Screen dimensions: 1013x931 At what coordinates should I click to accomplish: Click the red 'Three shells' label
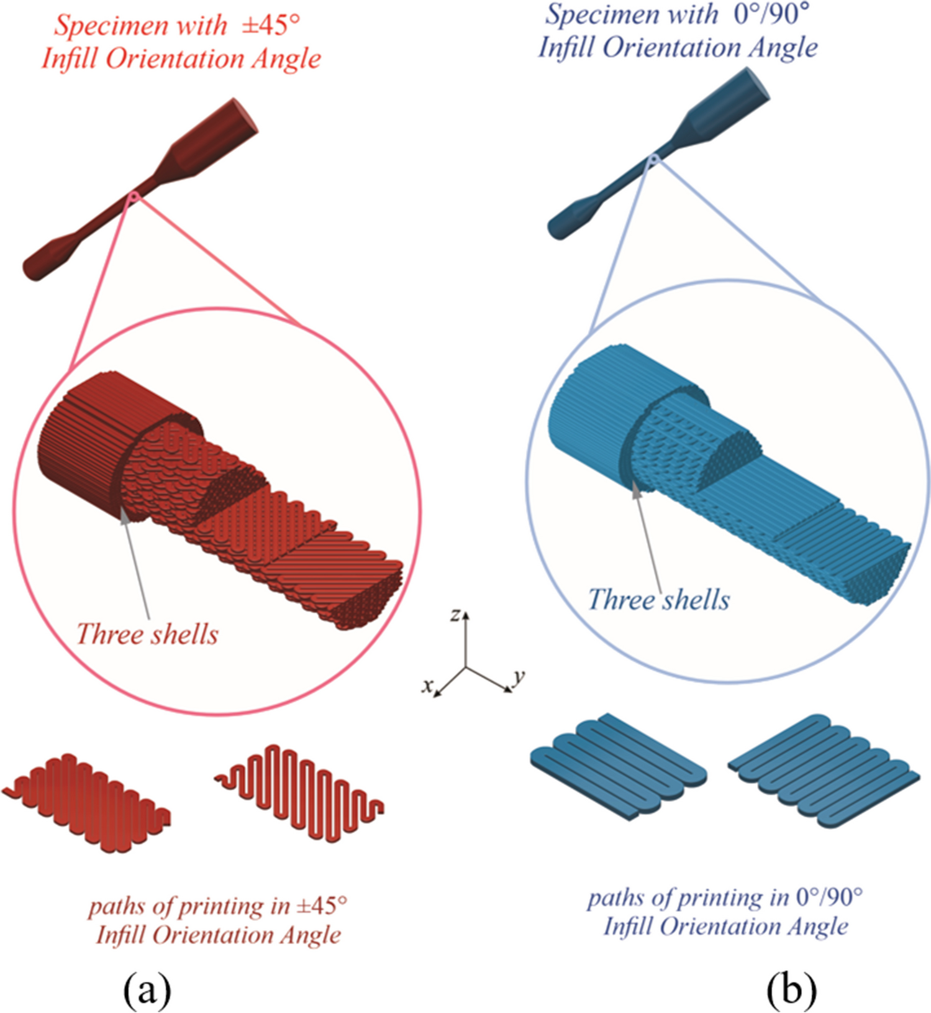coord(147,635)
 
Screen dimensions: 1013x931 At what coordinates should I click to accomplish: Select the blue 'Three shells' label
coord(658,600)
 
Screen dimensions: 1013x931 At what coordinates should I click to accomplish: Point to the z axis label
coord(455,615)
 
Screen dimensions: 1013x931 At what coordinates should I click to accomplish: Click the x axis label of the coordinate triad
coord(426,686)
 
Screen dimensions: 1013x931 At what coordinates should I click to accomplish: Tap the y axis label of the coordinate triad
coord(519,676)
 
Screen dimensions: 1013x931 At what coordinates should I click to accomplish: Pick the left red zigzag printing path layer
coord(87,802)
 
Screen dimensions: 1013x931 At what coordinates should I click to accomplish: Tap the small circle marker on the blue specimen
coord(652,162)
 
